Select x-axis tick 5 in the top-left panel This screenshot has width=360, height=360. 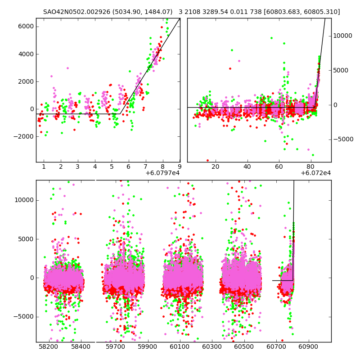tap(112, 167)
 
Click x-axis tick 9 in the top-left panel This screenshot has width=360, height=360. tap(180, 167)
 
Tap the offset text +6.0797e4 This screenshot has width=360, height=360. tap(162, 173)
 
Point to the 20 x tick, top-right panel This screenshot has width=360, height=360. tap(216, 167)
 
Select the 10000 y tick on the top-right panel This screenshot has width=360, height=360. tap(343, 36)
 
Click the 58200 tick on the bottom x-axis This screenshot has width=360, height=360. tap(48, 347)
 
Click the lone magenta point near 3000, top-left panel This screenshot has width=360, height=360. tap(67, 68)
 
